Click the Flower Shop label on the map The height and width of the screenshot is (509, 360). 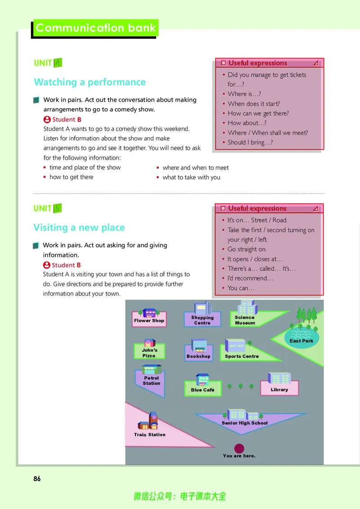[149, 321]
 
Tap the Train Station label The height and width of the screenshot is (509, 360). [149, 435]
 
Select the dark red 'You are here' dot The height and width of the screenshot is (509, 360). [239, 448]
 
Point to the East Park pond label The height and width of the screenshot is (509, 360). [301, 341]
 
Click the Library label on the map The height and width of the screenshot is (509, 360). [279, 389]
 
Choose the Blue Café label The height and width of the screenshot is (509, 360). [203, 390]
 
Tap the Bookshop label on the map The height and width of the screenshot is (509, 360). [198, 356]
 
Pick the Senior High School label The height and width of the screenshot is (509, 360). [245, 423]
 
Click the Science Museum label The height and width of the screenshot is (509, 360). [245, 320]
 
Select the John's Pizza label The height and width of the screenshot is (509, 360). [149, 353]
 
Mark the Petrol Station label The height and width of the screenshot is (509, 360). [151, 380]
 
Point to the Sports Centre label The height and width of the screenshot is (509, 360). [242, 356]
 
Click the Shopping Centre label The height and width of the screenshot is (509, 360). [202, 320]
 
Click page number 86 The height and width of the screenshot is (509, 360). [37, 478]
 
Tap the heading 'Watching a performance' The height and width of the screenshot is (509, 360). [90, 82]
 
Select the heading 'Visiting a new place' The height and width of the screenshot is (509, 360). [79, 228]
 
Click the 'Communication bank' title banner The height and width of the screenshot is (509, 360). [95, 28]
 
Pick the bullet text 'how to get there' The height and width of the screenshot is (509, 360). [72, 177]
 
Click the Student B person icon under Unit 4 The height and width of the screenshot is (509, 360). [47, 120]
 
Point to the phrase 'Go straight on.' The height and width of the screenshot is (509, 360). [247, 249]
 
